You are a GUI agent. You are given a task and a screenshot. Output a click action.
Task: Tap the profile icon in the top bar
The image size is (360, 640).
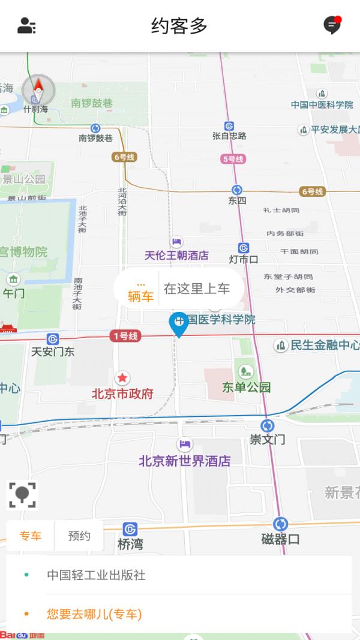point(26,26)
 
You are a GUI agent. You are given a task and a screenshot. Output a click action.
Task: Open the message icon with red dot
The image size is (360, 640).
point(332,25)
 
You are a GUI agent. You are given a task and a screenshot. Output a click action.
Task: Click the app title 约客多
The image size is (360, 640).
point(179,26)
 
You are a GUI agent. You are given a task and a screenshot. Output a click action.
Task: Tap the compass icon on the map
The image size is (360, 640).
point(38,91)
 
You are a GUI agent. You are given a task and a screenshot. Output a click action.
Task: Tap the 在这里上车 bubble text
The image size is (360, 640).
point(197,289)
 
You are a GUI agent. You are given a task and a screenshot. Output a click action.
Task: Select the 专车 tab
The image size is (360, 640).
point(31,536)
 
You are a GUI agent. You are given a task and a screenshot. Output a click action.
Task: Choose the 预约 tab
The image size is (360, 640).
point(79,536)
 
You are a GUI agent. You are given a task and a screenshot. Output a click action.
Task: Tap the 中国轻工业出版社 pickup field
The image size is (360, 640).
point(96,575)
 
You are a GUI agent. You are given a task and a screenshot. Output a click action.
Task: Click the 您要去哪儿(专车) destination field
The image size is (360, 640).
point(94,614)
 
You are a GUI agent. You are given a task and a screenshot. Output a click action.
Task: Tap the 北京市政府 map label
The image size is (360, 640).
point(122,394)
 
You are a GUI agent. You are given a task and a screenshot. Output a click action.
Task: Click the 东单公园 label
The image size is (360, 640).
point(246,387)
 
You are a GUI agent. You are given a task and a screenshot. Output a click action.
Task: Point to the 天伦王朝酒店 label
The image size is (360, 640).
point(176,255)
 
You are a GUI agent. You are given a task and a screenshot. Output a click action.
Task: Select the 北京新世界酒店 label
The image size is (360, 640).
point(185,461)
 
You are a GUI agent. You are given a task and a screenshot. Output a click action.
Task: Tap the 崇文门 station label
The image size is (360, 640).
point(268,439)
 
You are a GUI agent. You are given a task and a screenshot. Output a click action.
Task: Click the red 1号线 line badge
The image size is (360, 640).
point(125,336)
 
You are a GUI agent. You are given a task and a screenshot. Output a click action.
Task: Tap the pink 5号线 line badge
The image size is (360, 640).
point(233,159)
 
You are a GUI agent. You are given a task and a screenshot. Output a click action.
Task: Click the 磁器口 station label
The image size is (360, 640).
point(280,539)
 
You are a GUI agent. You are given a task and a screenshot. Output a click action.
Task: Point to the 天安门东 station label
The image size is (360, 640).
point(53,351)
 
